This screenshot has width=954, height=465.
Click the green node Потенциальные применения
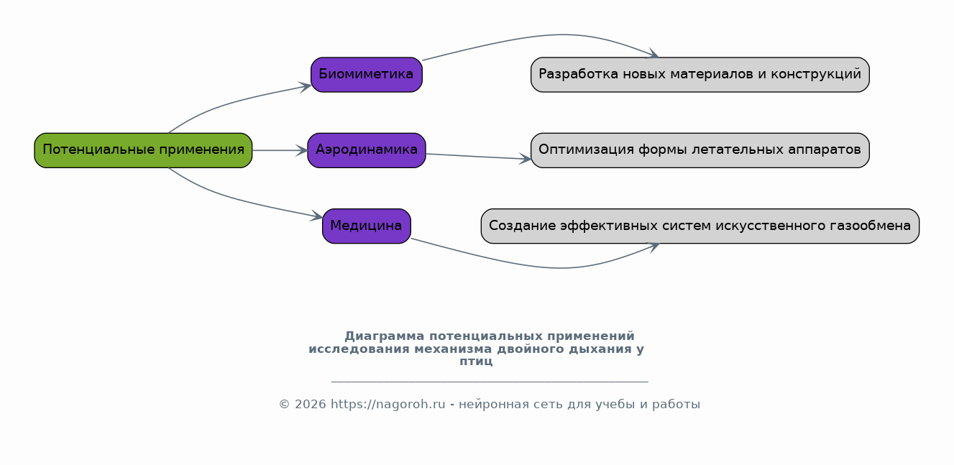pyautogui.click(x=143, y=150)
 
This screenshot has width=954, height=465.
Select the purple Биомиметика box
pyautogui.click(x=366, y=75)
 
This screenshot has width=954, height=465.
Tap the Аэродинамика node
pyautogui.click(x=366, y=150)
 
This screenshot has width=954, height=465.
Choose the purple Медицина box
pyautogui.click(x=366, y=226)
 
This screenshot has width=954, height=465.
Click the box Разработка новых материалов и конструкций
pyautogui.click(x=700, y=75)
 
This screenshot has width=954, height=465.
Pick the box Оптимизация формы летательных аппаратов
pyautogui.click(x=700, y=150)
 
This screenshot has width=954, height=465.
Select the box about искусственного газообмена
pyautogui.click(x=700, y=226)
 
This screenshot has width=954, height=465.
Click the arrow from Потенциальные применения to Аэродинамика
pyautogui.click(x=280, y=150)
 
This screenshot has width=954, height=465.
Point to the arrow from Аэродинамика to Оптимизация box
pyautogui.click(x=478, y=157)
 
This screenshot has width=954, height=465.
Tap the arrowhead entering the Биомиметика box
pyautogui.click(x=306, y=87)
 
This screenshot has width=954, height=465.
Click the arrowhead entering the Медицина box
pyautogui.click(x=317, y=216)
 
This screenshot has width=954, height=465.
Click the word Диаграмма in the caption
pyautogui.click(x=384, y=336)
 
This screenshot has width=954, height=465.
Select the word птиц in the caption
pyautogui.click(x=476, y=362)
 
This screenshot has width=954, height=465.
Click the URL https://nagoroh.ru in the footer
pyautogui.click(x=388, y=404)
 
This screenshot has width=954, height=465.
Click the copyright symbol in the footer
pyautogui.click(x=284, y=404)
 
